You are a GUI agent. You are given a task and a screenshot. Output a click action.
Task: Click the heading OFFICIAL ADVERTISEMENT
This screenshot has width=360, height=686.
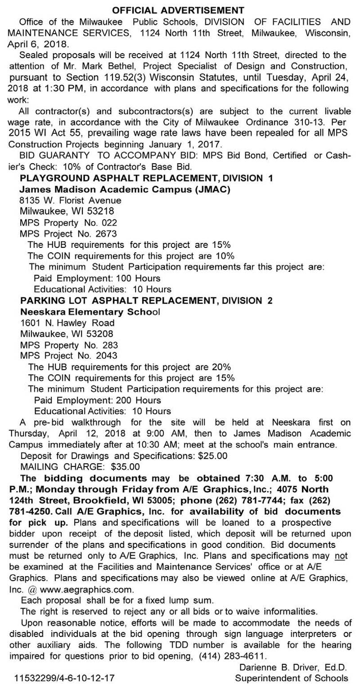coord(178,9)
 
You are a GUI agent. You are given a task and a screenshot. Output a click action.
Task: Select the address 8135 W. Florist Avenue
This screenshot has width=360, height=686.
coord(70,200)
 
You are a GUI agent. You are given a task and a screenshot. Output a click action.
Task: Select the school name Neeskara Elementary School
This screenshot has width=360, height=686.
coord(90,311)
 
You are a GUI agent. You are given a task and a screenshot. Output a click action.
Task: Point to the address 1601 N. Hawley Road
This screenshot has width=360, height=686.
coord(67,323)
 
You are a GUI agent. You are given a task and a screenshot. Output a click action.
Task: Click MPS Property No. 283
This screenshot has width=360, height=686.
coord(69,345)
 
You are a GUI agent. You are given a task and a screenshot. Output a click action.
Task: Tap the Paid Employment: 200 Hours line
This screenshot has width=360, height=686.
coord(98,400)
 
